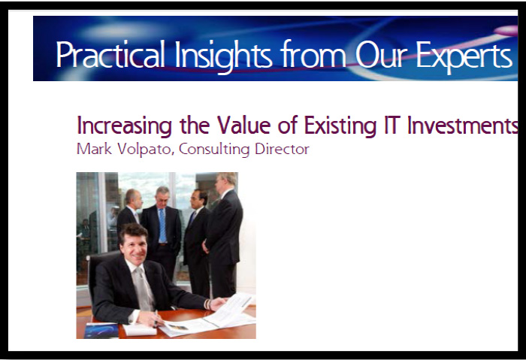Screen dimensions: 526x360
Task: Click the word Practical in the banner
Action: click(110, 54)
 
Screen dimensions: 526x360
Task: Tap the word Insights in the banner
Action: click(222, 56)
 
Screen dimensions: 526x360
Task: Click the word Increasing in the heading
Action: click(125, 126)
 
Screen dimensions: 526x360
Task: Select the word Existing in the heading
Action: click(340, 126)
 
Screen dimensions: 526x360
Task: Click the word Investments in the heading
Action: click(462, 126)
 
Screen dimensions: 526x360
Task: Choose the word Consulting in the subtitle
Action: click(214, 150)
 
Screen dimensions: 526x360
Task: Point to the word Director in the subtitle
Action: click(282, 150)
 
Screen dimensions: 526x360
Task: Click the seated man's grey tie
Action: click(144, 288)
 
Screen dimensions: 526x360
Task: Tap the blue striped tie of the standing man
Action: click(162, 225)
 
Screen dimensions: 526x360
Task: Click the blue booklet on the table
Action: click(101, 331)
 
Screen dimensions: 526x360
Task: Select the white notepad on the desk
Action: click(140, 329)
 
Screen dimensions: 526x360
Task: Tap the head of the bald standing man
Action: click(132, 198)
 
